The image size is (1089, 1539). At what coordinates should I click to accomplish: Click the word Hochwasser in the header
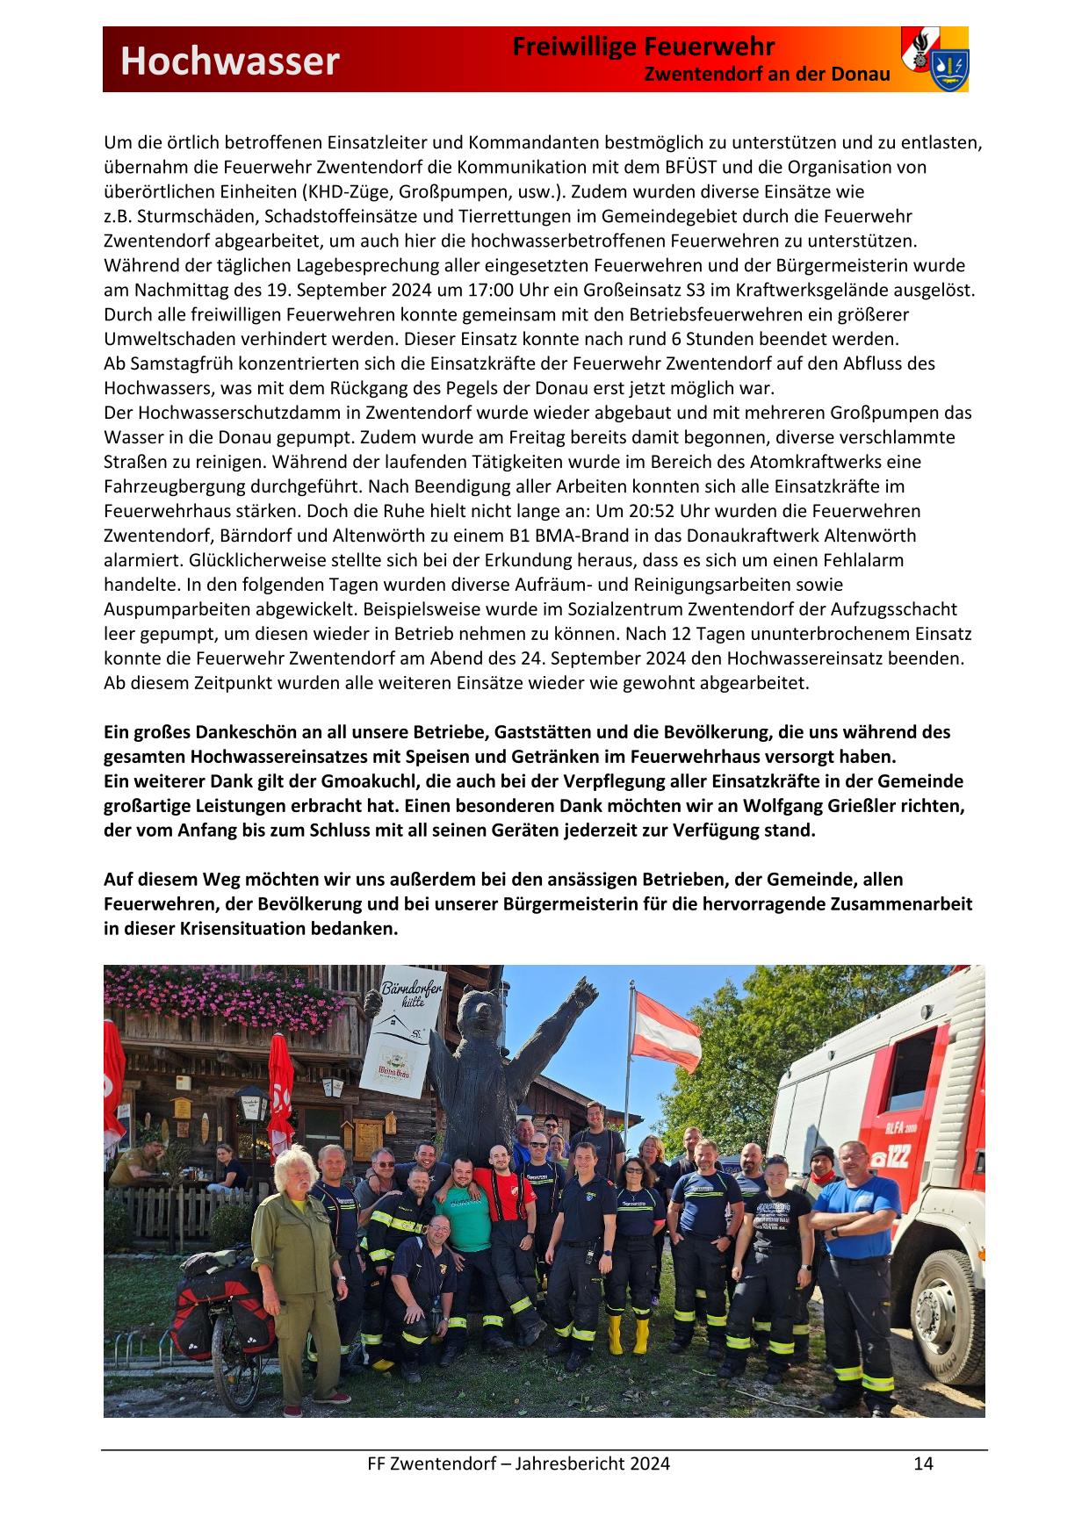(229, 61)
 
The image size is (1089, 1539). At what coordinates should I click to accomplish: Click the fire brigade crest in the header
(934, 59)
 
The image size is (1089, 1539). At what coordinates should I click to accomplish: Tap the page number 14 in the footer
(923, 1463)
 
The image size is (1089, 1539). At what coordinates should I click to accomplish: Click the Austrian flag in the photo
(667, 1026)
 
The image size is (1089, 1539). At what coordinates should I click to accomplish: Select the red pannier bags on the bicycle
(204, 1312)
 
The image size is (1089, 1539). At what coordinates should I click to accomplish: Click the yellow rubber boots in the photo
(627, 1335)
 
